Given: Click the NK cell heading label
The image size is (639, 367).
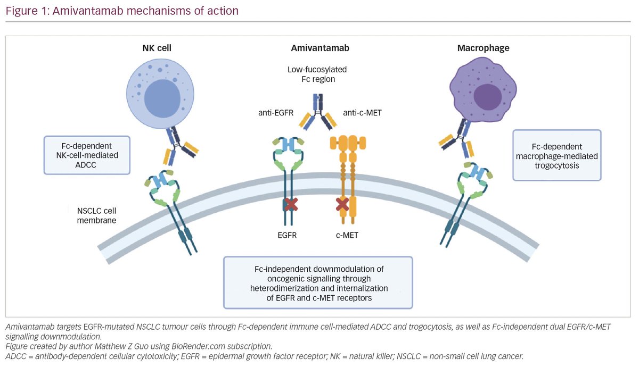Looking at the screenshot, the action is [157, 48].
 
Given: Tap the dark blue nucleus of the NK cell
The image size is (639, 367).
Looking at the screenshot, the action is [162, 98].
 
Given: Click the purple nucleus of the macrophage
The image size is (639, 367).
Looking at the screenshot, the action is [488, 97].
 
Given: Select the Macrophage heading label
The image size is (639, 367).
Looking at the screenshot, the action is [484, 48].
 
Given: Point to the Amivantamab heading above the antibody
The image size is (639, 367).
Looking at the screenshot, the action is [320, 48].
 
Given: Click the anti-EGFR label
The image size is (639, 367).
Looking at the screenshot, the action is [276, 113].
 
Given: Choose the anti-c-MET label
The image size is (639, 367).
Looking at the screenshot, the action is [362, 113].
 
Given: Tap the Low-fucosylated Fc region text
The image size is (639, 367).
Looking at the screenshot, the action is [317, 74].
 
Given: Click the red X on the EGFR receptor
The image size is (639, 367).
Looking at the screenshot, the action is [291, 205].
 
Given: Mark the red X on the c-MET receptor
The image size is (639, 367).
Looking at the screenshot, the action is [342, 204].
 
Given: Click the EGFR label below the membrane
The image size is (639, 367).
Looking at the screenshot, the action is [287, 235].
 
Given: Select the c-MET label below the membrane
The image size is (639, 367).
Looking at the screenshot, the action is [347, 235].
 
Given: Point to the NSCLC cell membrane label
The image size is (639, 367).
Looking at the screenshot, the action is [96, 215].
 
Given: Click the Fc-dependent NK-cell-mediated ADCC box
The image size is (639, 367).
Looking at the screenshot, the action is [87, 155].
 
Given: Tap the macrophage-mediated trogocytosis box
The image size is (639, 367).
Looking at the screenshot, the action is [557, 155].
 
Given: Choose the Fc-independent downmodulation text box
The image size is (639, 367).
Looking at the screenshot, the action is [318, 282].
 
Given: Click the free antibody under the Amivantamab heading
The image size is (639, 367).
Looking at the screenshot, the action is [318, 112].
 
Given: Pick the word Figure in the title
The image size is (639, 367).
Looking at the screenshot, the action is [22, 11].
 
